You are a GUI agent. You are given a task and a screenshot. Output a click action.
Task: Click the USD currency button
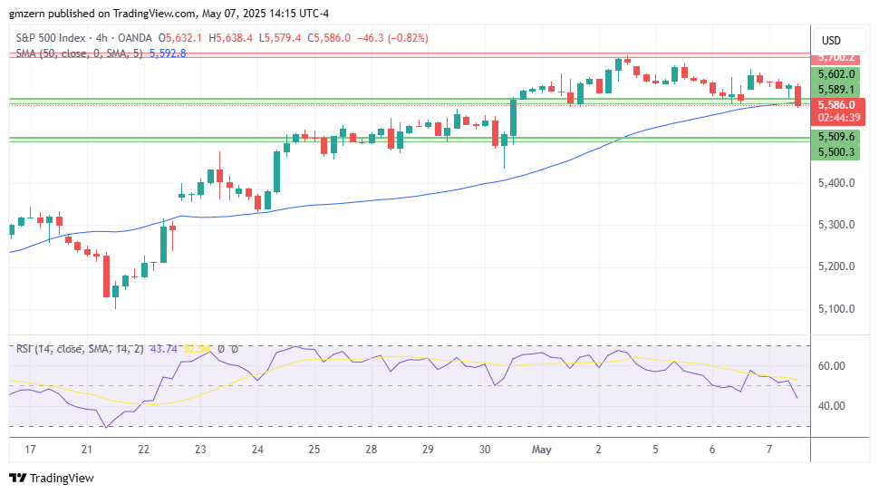[x=831, y=41]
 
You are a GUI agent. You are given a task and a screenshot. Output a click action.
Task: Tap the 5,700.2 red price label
[x=836, y=57]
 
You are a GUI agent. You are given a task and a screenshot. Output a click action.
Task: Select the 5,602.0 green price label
[x=836, y=74]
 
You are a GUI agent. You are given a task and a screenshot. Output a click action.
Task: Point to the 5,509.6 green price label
[x=836, y=136]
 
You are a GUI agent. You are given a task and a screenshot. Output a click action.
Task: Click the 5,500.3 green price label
[x=836, y=151]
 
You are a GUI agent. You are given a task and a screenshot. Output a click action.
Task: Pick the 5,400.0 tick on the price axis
[x=836, y=183]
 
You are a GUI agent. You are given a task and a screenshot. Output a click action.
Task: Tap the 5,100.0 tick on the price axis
[x=836, y=309]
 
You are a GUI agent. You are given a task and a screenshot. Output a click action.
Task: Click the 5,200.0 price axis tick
[x=836, y=266]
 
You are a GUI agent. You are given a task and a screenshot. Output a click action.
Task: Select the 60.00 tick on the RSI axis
[x=832, y=366]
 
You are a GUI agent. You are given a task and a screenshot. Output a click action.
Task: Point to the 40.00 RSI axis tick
[x=832, y=405]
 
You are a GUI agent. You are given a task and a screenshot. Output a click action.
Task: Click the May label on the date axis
[x=542, y=450]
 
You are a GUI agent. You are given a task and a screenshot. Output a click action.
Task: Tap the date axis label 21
[x=87, y=450]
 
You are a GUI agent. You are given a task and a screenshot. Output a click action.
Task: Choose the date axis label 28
[x=372, y=450]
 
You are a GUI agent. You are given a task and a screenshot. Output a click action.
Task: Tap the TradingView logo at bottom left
[x=52, y=478]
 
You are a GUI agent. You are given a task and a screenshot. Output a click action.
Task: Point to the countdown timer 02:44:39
[x=836, y=117]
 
